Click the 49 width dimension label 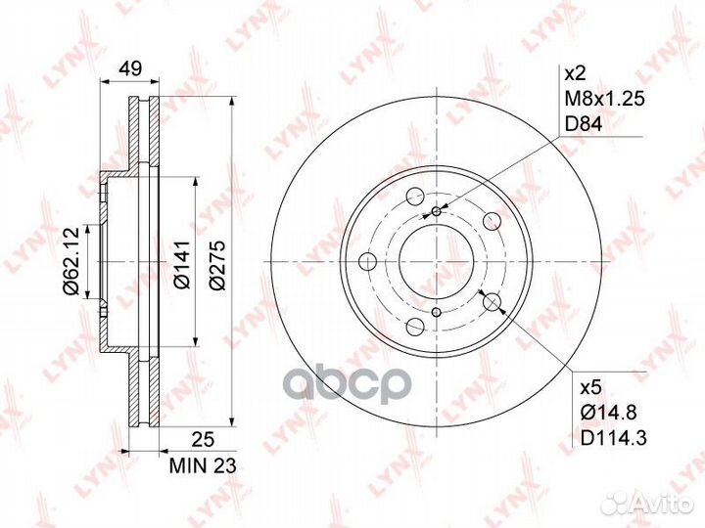coord(130,68)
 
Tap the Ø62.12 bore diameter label coord(71,261)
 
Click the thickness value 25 coord(202,439)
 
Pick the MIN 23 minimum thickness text coord(203,466)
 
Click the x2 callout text coord(575,73)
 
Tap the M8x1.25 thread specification coord(605,99)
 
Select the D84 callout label coord(584,124)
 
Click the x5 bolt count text coord(590,388)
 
